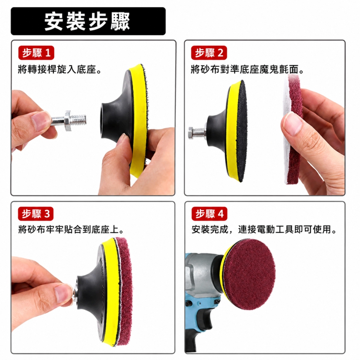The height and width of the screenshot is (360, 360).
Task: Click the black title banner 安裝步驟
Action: pyautogui.click(x=88, y=21)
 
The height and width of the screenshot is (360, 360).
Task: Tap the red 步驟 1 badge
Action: pyautogui.click(x=36, y=53)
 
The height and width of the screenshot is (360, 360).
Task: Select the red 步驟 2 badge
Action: pyautogui.click(x=209, y=53)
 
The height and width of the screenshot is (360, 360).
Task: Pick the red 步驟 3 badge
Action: pyautogui.click(x=36, y=214)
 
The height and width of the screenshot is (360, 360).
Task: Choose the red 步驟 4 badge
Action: pyautogui.click(x=210, y=214)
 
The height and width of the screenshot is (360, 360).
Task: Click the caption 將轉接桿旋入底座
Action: pyautogui.click(x=59, y=69)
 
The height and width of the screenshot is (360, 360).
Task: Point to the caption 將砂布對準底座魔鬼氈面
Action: pyautogui.click(x=247, y=69)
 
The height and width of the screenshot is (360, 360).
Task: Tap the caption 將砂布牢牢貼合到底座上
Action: pyautogui.click(x=71, y=229)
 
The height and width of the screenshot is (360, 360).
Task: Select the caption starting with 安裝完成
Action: pyautogui.click(x=264, y=229)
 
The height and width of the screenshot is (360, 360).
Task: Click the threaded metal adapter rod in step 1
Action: pyautogui.click(x=69, y=121)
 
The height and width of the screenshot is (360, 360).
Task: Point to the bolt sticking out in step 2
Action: pyautogui.click(x=197, y=133)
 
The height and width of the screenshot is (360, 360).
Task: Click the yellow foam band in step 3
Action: pyautogui.click(x=111, y=291)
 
